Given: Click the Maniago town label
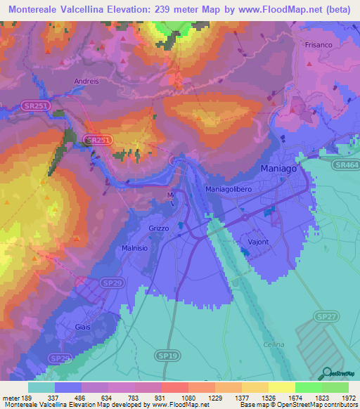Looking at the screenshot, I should coord(280,169).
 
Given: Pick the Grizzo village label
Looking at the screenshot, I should coord(160,228).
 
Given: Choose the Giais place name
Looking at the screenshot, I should coord(83,327).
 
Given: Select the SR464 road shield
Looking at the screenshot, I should coord(347,164).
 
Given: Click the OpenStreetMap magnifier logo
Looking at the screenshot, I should coord(326,373).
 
